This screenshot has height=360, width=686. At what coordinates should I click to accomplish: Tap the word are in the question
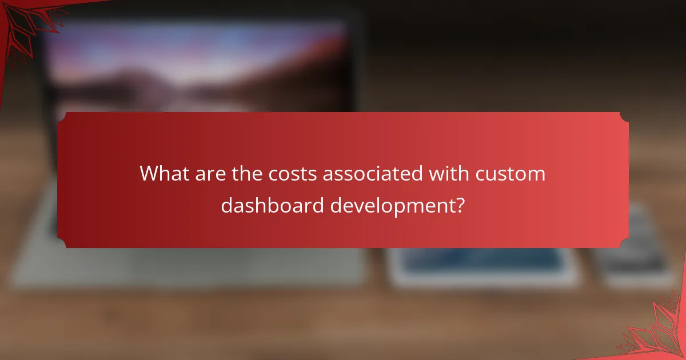(x=209, y=174)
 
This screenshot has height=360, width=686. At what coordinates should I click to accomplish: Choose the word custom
(x=512, y=174)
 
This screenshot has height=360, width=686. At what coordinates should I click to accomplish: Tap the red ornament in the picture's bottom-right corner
(x=663, y=334)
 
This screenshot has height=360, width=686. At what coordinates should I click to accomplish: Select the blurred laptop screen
(x=200, y=63)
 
